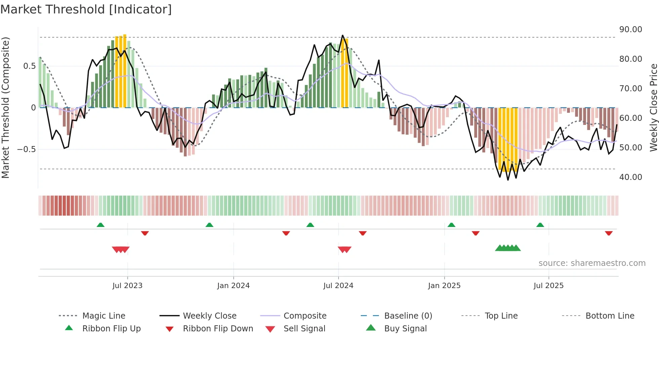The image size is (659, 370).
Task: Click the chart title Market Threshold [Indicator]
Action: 86,9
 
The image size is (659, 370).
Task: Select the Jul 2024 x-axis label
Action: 338,285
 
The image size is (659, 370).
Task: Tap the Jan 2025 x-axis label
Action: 444,285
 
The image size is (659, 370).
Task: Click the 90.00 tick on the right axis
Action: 630,30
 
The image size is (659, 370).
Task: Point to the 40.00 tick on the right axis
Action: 630,177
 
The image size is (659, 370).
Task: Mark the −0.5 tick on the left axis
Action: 27,149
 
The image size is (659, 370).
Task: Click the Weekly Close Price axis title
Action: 653,107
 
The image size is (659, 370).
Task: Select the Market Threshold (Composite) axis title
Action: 5,107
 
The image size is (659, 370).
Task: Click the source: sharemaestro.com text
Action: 592,263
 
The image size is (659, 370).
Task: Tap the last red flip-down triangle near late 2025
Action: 609,233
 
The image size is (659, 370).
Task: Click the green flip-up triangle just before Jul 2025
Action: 540,225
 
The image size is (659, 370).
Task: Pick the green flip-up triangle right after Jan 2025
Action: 451,225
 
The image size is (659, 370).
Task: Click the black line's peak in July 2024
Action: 343,36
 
